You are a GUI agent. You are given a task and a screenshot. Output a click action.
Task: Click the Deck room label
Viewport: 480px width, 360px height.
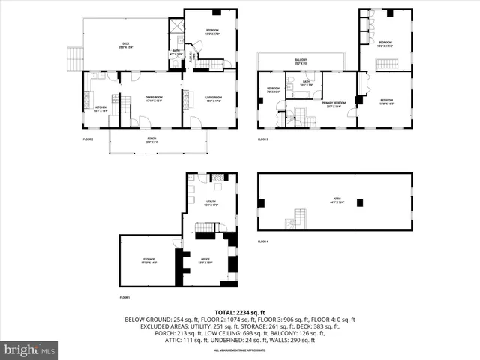pos(125,45)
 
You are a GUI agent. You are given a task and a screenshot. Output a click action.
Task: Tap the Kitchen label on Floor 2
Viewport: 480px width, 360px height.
pos(100,108)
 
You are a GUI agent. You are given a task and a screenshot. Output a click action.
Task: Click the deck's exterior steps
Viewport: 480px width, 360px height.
pos(73,58)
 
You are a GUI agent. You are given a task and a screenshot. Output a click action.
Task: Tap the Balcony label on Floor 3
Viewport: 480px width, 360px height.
pos(301,61)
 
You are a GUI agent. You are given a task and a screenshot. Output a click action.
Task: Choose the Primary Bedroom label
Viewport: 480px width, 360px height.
pos(334,103)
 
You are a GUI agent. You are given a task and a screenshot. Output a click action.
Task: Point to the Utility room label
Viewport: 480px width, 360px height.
pos(211,203)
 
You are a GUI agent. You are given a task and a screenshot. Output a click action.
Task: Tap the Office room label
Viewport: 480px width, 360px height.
pos(205,260)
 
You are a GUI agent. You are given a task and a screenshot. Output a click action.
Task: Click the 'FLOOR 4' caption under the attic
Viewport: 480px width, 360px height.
pos(263,241)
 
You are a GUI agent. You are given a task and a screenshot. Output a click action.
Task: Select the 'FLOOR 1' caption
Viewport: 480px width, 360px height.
pos(124,298)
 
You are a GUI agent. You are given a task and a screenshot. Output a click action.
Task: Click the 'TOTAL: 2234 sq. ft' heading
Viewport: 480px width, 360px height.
pos(240,311)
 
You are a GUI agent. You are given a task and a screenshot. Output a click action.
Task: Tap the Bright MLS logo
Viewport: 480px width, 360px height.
pos(30,349)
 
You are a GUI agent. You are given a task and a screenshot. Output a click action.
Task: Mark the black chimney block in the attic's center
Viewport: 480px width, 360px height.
pos(360,202)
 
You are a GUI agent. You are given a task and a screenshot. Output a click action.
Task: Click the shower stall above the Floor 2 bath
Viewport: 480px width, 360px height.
pos(176,25)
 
